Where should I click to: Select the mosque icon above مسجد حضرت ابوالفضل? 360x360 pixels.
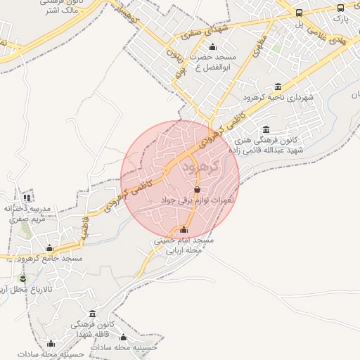pos(212,46)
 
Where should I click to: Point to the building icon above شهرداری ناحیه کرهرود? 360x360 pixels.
pos(278,86)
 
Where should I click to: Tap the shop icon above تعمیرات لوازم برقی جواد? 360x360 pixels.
pos(196,190)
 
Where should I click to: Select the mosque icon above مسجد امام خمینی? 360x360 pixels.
pos(184,229)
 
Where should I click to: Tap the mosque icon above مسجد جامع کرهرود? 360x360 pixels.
pos(49,247)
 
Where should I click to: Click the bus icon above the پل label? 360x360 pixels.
pos(300,13)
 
